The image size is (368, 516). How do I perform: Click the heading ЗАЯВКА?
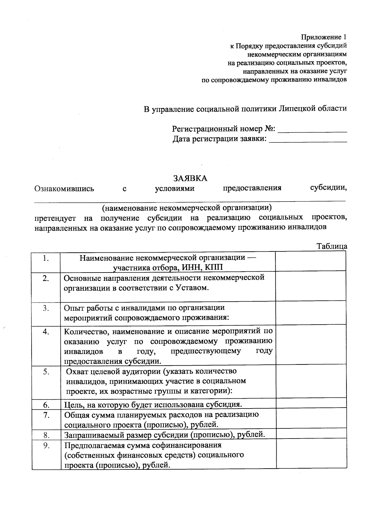point(190,178)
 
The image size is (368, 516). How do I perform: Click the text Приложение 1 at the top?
point(324,37)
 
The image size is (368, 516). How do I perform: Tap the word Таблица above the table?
point(332,247)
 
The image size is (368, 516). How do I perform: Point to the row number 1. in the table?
point(46,259)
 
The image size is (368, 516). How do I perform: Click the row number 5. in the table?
point(46,372)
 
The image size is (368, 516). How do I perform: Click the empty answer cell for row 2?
point(311,287)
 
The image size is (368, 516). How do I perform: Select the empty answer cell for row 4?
point(311,346)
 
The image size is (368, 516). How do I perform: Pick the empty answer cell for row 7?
point(311,420)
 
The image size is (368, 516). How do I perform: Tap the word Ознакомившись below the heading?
point(64,189)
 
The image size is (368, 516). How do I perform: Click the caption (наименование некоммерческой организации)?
point(187,208)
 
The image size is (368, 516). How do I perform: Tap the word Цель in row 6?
point(74,405)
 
